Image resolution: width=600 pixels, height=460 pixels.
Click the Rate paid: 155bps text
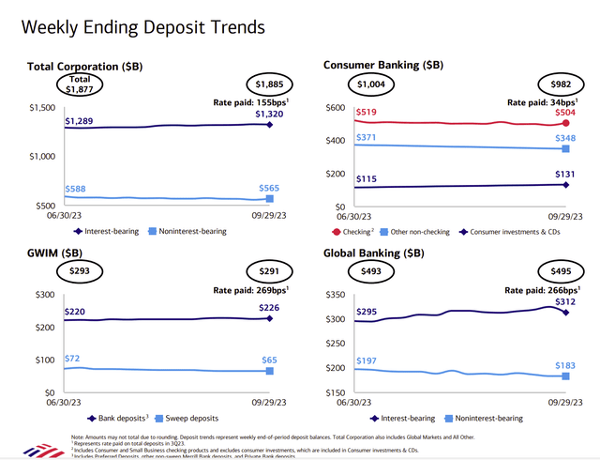pyautogui.click(x=247, y=101)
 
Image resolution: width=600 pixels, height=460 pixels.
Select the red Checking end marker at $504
pyautogui.click(x=564, y=123)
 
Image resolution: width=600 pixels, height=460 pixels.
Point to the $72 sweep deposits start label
pyautogui.click(x=73, y=360)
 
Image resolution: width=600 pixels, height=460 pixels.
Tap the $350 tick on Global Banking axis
pyautogui.click(x=335, y=295)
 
